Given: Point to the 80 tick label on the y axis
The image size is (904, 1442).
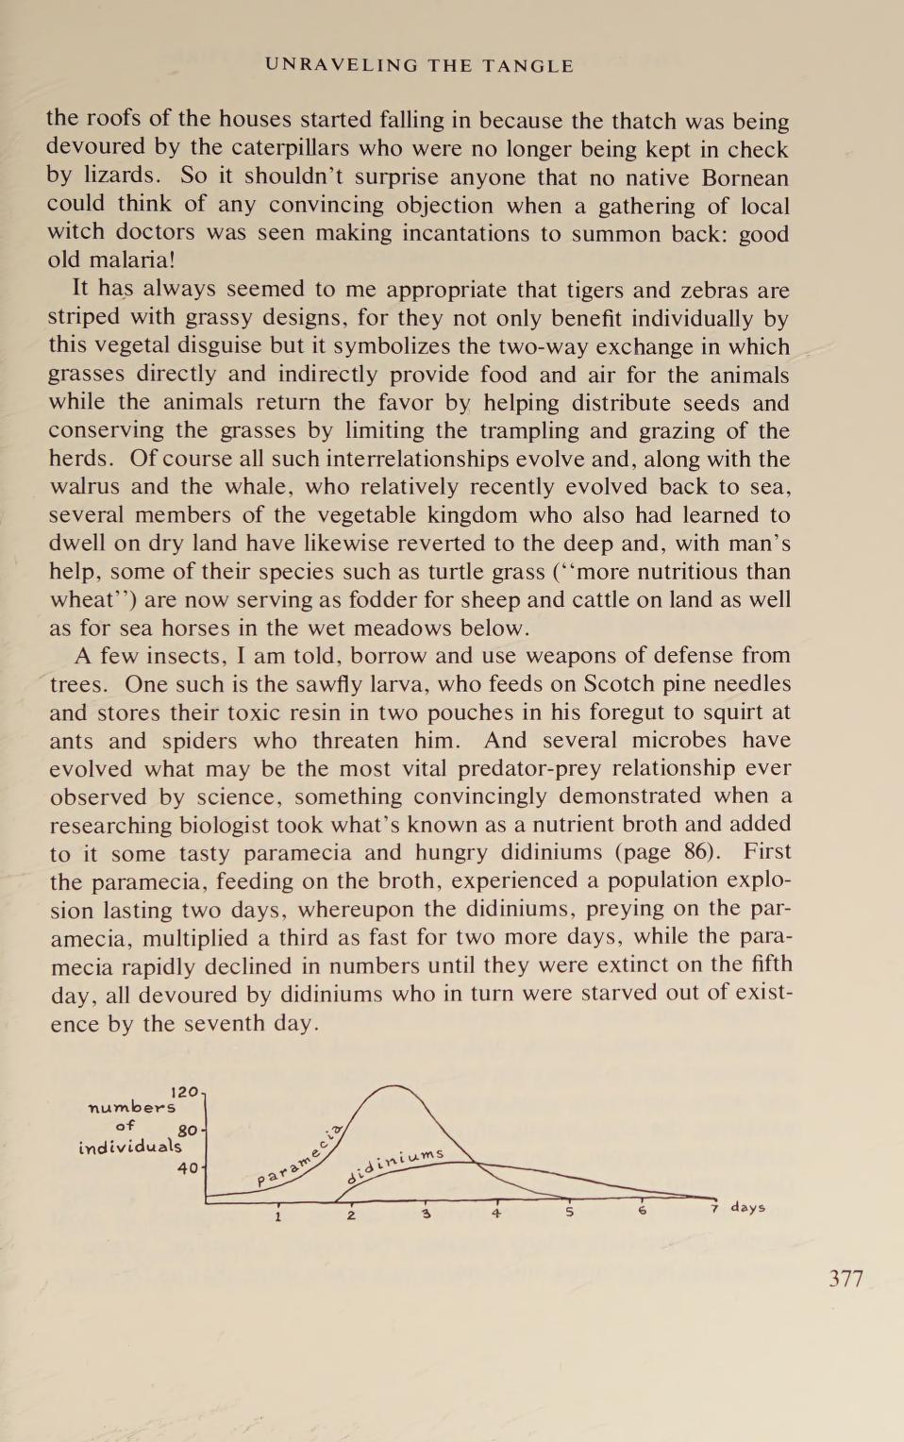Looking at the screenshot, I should coord(187,1131).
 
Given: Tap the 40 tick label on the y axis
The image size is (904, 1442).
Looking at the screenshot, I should coord(188,1168).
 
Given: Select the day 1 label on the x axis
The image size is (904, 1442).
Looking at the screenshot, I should coord(278,1216).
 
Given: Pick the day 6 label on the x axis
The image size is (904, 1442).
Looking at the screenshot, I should coord(643,1211).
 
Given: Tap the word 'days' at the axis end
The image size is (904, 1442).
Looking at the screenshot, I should coord(747,1207).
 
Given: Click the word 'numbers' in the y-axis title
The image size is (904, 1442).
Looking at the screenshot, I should coord(131,1107).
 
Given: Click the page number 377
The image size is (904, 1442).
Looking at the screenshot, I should coord(845,1279).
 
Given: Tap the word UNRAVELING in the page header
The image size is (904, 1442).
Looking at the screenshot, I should coord(341,65).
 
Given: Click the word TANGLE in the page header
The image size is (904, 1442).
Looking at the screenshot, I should coord(527,65).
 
